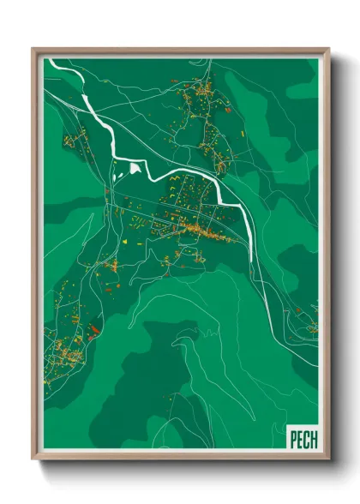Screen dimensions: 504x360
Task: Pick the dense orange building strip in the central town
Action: (x=206, y=231)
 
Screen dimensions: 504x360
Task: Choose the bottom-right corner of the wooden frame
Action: (x=329, y=461)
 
